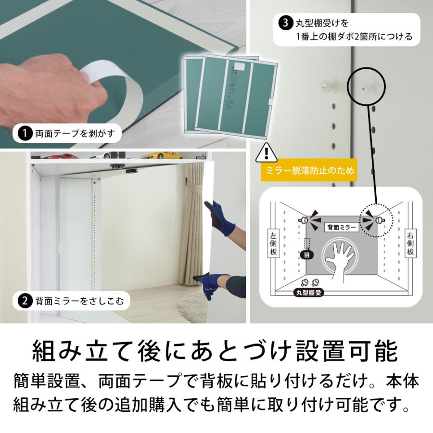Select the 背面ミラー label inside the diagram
(x=342, y=227)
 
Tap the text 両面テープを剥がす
(x=75, y=133)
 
